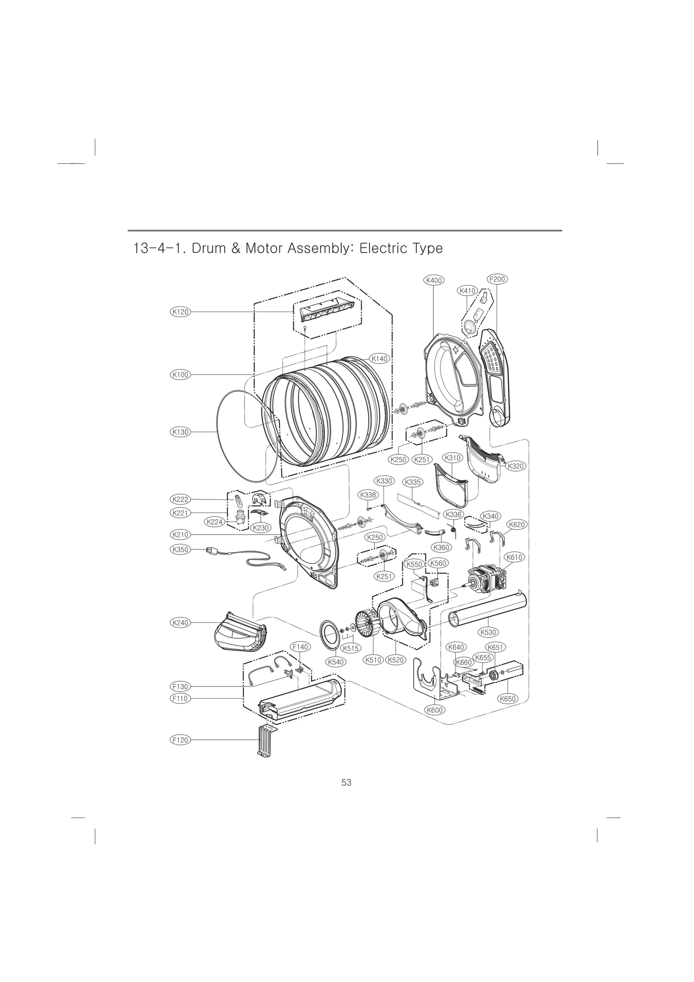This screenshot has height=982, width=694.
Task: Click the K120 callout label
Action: pyautogui.click(x=180, y=312)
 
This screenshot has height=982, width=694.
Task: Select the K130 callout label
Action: pyautogui.click(x=180, y=432)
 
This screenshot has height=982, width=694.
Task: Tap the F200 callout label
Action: pyautogui.click(x=497, y=279)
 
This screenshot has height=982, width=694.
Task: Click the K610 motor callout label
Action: pyautogui.click(x=514, y=557)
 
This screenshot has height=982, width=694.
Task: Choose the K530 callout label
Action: pyautogui.click(x=488, y=632)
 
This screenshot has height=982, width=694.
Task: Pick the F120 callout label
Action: pyautogui.click(x=180, y=740)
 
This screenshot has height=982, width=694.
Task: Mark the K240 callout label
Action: pyautogui.click(x=180, y=623)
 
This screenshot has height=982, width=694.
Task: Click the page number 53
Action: pyautogui.click(x=346, y=782)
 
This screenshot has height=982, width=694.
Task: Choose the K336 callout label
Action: pyautogui.click(x=454, y=514)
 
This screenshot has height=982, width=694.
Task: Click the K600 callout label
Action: pyautogui.click(x=434, y=710)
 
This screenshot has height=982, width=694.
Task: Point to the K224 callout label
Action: pyautogui.click(x=215, y=522)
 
